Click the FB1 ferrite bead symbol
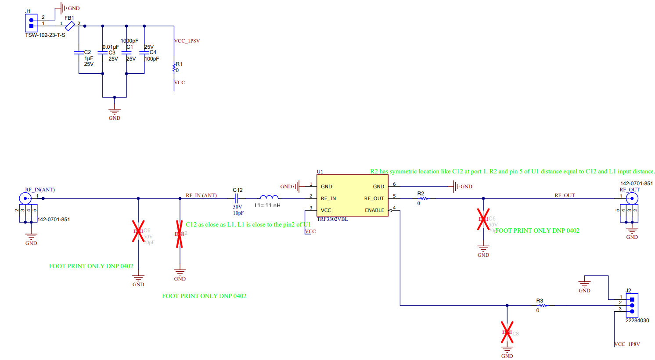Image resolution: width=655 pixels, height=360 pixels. pos(70,26)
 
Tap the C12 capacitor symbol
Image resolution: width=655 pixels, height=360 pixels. pos(237,198)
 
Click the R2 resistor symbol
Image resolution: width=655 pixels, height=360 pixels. pos(424,198)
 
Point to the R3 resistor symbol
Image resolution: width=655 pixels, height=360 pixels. pos(543,305)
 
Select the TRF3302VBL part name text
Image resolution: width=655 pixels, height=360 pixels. pos(332,219)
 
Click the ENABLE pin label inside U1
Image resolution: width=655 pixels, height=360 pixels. pos(374,210)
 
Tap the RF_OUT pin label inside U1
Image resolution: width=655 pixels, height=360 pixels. pos(374,198)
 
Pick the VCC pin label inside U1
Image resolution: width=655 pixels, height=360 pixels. pos(326,210)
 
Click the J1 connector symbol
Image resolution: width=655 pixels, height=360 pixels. pos(31,23)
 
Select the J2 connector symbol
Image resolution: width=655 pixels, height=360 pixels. pos(632,305)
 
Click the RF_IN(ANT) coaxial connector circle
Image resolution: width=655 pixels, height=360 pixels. pos(25,198)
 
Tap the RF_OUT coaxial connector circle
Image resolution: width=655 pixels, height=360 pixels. pos(632,198)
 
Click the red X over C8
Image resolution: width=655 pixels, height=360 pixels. pos(507,332)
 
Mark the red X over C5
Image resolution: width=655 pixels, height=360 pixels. pos(483,219)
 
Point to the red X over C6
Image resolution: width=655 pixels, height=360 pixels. pos(138,231)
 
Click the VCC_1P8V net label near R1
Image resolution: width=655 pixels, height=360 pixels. pos(187,41)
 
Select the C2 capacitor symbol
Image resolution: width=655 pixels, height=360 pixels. pos(79,52)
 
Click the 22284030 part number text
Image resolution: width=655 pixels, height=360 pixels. pos(637,320)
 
